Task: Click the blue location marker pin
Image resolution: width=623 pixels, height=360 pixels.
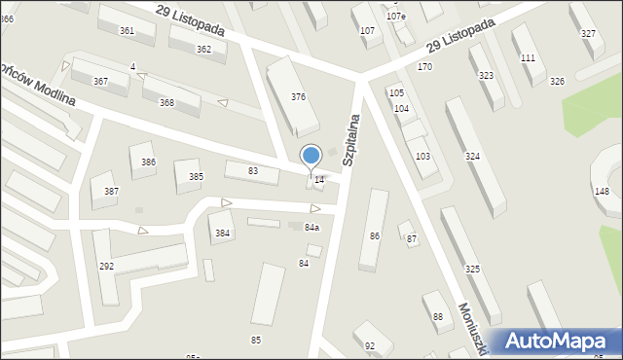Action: (x=311, y=157)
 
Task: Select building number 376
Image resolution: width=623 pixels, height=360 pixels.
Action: (x=298, y=96)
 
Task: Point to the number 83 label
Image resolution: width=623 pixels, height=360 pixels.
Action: (x=253, y=171)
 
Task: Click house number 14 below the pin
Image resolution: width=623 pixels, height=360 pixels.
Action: (x=319, y=179)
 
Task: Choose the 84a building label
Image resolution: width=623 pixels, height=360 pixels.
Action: (x=311, y=227)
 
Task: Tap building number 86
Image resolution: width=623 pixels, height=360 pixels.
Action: (x=374, y=235)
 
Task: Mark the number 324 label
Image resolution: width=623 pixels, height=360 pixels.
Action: (x=472, y=156)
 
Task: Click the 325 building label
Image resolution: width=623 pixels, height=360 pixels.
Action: (x=472, y=269)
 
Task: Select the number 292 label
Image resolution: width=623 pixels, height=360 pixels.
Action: (x=106, y=266)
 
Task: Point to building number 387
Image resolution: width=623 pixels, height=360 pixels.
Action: (x=111, y=191)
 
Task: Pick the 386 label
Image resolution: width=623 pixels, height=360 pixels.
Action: (x=148, y=162)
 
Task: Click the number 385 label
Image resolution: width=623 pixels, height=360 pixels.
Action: (x=196, y=176)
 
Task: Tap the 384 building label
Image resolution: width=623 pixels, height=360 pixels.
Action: (x=222, y=233)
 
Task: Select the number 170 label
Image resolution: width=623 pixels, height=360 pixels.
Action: (x=424, y=66)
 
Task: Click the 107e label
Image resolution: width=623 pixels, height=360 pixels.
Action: (x=395, y=17)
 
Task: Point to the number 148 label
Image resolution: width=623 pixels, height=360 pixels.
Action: (x=602, y=191)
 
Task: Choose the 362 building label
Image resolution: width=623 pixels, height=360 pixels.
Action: (x=203, y=49)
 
